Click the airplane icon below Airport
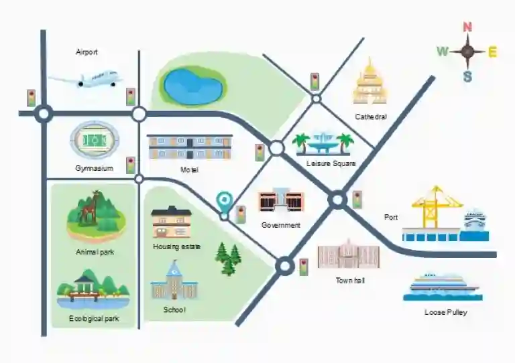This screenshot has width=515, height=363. click(86, 79)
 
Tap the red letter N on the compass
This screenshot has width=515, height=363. click(467, 27)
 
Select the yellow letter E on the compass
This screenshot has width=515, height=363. click(492, 52)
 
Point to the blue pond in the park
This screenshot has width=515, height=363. click(193, 86)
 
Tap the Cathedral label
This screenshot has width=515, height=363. click(371, 117)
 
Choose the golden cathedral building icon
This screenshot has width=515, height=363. click(370, 81)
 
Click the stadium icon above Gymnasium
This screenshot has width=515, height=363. click(95, 141)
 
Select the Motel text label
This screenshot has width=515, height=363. click(189, 170)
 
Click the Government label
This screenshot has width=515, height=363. click(281, 225)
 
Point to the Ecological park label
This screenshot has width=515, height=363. click(94, 318)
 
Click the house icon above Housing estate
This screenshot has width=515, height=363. click(172, 222)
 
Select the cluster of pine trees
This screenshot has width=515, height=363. click(228, 259)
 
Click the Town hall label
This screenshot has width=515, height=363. click(350, 281)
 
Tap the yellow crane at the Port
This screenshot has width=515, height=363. click(435, 206)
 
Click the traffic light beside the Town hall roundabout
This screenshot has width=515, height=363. click(304, 267)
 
